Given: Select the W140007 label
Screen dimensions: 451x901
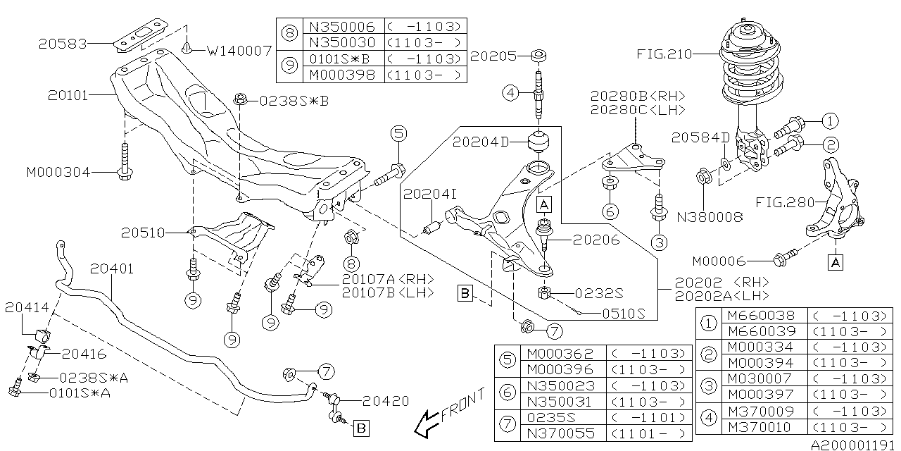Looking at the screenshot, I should (x=240, y=51).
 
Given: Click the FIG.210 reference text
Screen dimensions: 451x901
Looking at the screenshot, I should (x=664, y=54).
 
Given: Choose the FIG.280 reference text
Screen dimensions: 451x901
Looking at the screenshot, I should (x=785, y=202).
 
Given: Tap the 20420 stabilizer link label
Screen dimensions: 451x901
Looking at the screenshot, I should (x=386, y=401).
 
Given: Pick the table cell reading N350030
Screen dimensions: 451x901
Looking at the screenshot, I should (x=343, y=42).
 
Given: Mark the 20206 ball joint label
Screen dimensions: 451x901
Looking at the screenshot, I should (x=596, y=240).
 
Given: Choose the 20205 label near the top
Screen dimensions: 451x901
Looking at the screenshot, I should (x=493, y=55).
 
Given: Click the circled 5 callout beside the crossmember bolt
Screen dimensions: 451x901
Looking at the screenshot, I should (x=399, y=133).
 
